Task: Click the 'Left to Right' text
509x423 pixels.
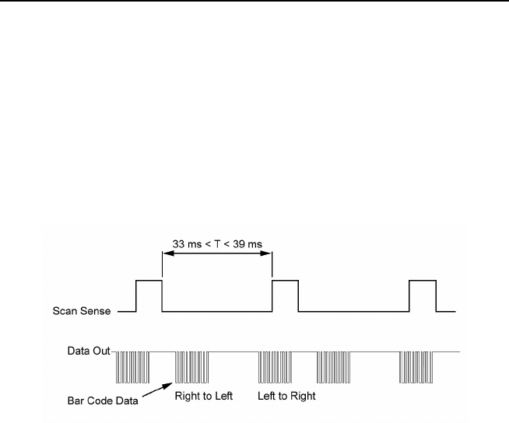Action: (287, 393)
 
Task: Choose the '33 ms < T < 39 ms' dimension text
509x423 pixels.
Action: (216, 244)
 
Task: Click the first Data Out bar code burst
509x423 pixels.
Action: (132, 368)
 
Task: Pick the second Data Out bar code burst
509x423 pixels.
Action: (192, 368)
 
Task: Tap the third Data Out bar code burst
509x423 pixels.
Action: (275, 368)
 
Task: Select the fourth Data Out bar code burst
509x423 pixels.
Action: (335, 368)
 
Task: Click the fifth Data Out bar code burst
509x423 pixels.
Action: (416, 368)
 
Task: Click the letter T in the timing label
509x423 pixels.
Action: (216, 244)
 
